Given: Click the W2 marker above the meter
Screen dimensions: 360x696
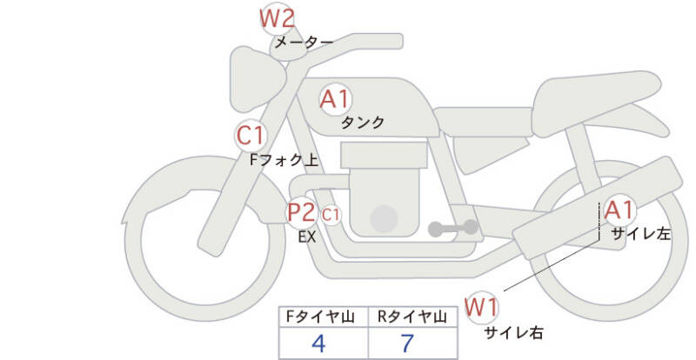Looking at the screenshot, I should pyautogui.click(x=278, y=18).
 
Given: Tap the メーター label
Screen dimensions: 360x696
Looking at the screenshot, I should pyautogui.click(x=304, y=42).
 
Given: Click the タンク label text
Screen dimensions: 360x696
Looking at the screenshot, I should pyautogui.click(x=363, y=123).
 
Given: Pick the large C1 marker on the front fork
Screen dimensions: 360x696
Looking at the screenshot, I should pyautogui.click(x=251, y=136).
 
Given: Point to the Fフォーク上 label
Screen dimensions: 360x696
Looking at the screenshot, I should pyautogui.click(x=283, y=160).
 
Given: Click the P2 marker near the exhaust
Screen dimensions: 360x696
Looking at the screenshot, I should pyautogui.click(x=301, y=212).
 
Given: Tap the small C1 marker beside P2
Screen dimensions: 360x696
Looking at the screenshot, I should pyautogui.click(x=331, y=213).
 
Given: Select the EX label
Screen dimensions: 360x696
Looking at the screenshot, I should pyautogui.click(x=306, y=236).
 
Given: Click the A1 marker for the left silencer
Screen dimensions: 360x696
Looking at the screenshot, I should pyautogui.click(x=619, y=210).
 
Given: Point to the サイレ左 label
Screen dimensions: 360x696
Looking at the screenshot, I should pyautogui.click(x=640, y=233).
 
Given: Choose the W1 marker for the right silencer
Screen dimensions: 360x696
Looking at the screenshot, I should pyautogui.click(x=480, y=307).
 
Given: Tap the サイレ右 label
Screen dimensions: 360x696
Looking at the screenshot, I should pyautogui.click(x=513, y=331).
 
